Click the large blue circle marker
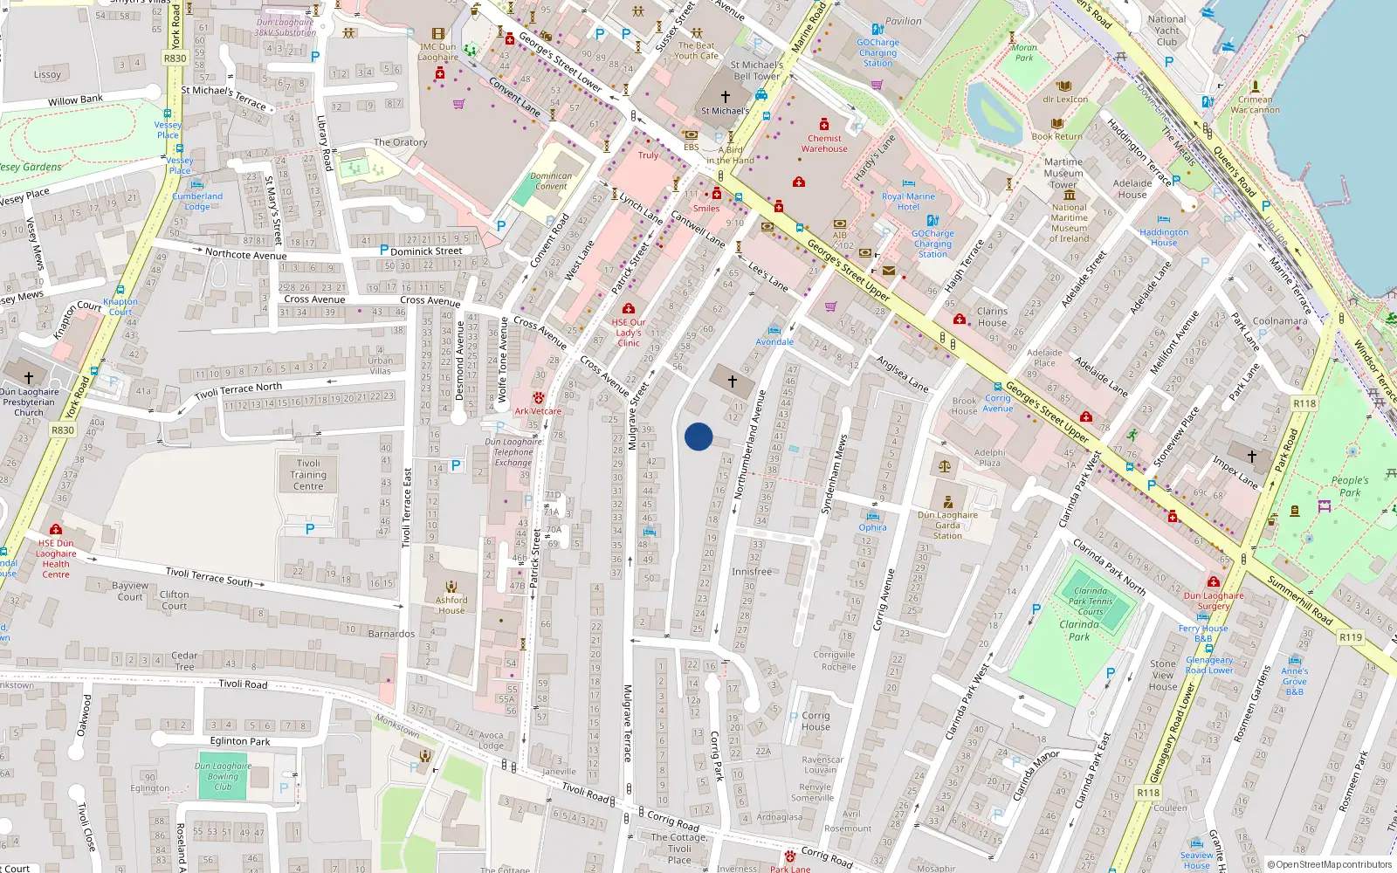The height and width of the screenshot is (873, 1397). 698,436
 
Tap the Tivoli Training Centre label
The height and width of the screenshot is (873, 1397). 308,475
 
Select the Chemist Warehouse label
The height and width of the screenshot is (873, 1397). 824,143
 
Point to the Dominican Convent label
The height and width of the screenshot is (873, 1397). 551,181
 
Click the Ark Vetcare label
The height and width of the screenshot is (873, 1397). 538,411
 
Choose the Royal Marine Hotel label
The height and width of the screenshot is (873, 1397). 908,202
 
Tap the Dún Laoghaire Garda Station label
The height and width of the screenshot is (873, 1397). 947,525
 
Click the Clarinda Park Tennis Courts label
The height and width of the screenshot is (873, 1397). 1091,601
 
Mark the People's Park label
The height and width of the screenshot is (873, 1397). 1350,486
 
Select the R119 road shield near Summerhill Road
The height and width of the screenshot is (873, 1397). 1351,637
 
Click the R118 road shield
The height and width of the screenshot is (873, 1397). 1148,793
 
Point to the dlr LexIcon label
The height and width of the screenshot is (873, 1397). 1065,100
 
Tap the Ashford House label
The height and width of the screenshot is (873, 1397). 451,605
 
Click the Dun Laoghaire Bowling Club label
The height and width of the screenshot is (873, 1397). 223,776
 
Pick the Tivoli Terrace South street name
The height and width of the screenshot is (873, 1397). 210,576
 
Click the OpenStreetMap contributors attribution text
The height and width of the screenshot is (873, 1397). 1329,864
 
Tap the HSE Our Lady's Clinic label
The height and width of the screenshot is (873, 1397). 629,333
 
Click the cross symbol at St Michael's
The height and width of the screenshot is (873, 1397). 725,96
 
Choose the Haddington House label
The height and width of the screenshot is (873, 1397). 1164,237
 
